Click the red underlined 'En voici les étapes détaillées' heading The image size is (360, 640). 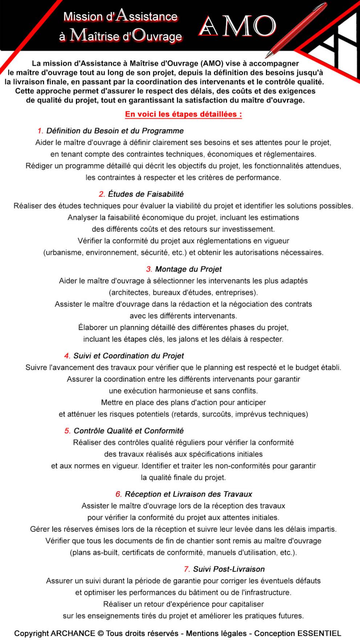(x=183, y=114)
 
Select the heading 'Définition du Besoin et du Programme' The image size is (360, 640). (x=115, y=131)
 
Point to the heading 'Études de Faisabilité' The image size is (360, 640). (x=146, y=194)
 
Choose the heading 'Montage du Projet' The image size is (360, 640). (x=188, y=269)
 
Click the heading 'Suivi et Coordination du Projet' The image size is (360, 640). (x=129, y=356)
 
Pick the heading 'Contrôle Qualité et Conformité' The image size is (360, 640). (x=129, y=431)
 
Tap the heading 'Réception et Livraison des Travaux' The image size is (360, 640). (x=188, y=494)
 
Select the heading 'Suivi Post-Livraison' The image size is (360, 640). (x=229, y=569)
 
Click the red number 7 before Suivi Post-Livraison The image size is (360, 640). (x=187, y=569)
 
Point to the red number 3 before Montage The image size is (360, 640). (x=149, y=269)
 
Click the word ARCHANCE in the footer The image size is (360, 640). (x=72, y=633)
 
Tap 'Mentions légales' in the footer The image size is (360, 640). (x=216, y=633)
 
